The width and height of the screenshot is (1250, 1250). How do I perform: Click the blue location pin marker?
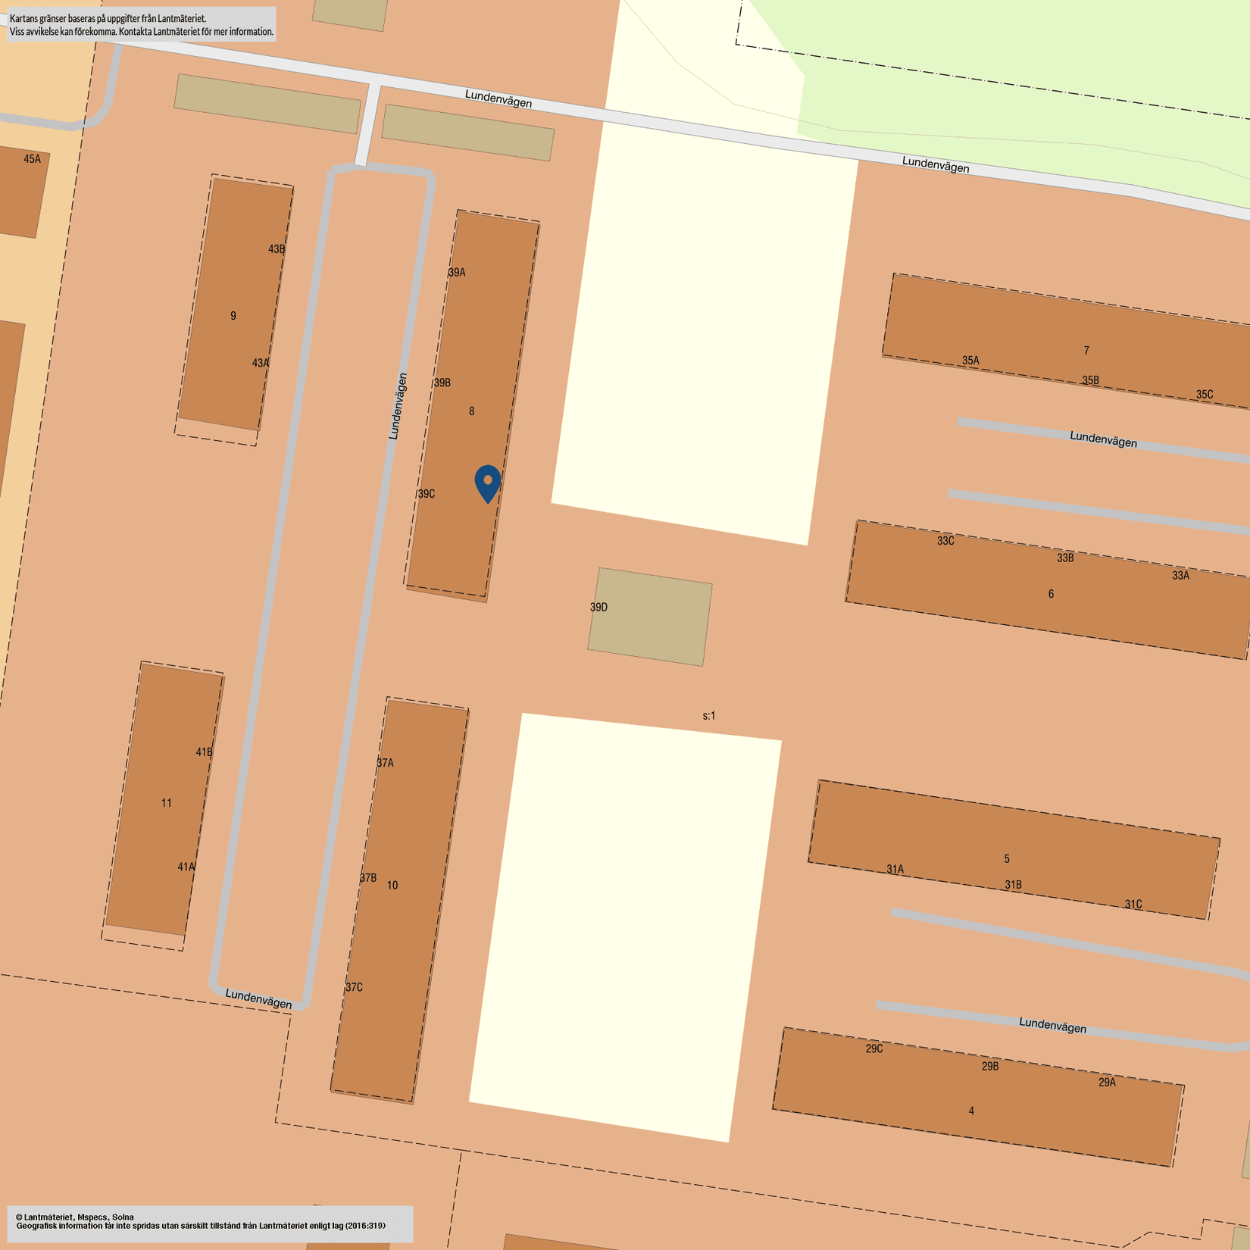[488, 483]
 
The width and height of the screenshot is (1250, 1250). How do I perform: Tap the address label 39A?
[457, 273]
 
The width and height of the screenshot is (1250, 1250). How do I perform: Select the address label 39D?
[598, 608]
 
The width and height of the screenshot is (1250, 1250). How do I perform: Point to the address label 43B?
[277, 249]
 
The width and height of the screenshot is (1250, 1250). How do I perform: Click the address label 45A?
[32, 159]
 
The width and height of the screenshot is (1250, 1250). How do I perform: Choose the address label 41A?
[186, 867]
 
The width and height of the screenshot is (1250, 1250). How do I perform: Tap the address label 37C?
[354, 987]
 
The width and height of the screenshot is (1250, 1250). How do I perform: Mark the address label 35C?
[1205, 395]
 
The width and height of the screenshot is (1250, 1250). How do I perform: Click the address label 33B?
[1065, 558]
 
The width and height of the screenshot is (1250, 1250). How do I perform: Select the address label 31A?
[895, 870]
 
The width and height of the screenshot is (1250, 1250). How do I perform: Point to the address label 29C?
[874, 1048]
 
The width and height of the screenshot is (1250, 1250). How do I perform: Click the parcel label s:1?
[709, 716]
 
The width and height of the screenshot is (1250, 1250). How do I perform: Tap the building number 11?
[167, 803]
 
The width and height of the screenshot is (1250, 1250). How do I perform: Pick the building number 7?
[1086, 351]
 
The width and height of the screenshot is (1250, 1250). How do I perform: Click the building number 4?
[971, 1111]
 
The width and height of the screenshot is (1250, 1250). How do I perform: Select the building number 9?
[233, 316]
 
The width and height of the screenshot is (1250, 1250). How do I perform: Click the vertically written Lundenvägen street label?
[398, 406]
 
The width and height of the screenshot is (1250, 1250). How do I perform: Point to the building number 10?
[392, 885]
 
